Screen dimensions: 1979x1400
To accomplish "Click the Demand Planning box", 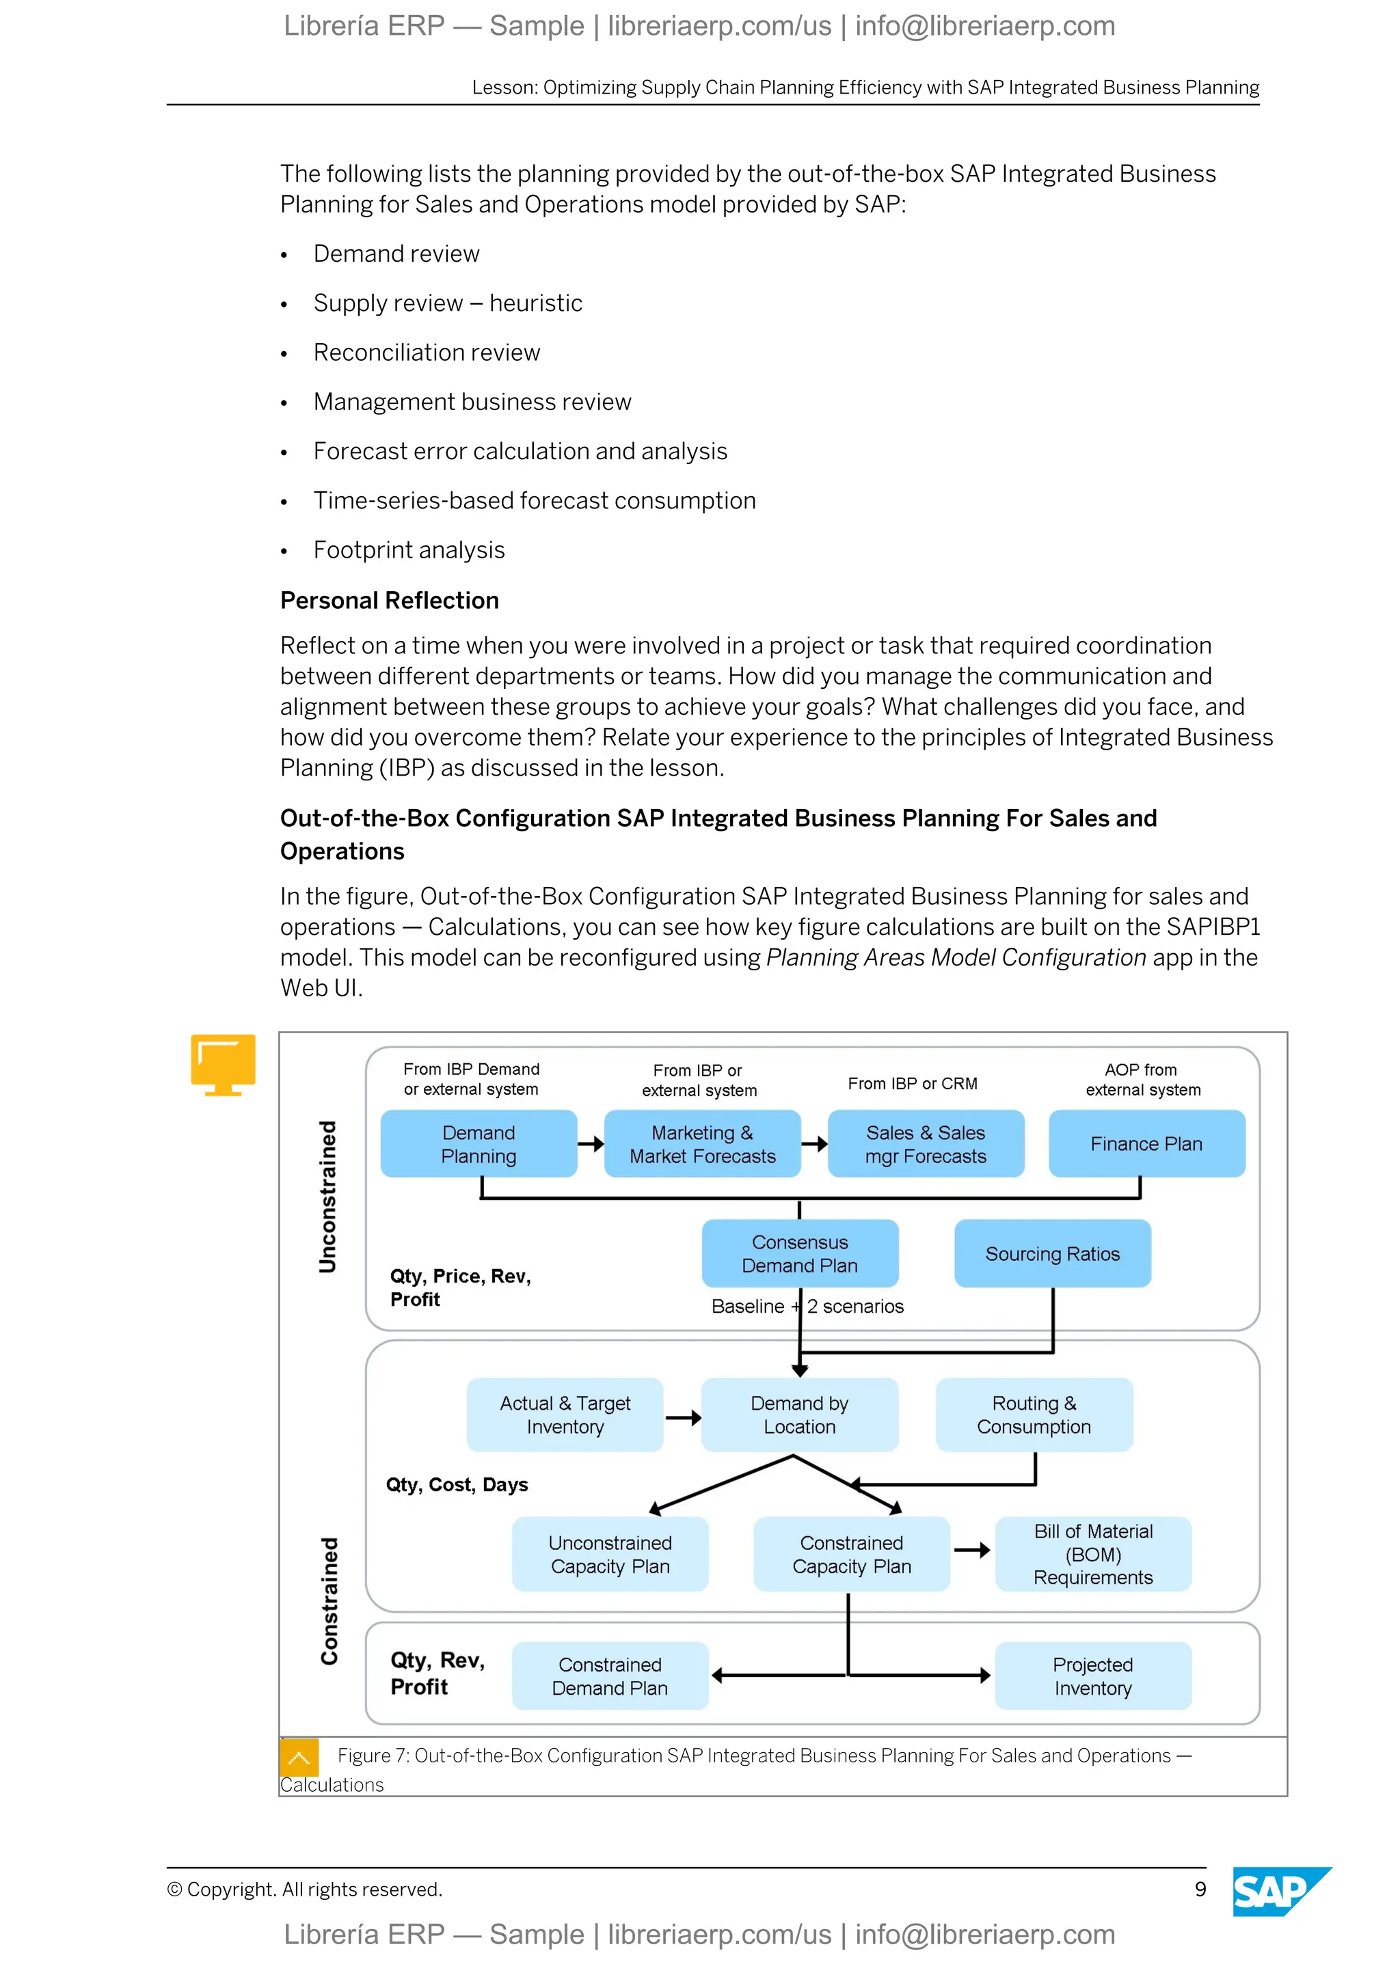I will [x=479, y=1144].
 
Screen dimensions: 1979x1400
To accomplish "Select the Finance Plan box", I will [x=1146, y=1144].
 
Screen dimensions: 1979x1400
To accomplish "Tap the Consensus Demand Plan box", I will [x=799, y=1253].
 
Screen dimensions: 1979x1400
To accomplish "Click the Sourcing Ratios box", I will [x=1052, y=1253].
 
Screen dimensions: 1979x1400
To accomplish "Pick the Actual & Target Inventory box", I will [x=565, y=1415].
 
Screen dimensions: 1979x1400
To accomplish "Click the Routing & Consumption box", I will [x=1034, y=1415].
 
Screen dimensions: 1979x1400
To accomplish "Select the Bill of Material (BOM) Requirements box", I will [x=1092, y=1554].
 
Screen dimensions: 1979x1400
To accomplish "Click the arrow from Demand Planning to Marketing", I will [x=591, y=1144].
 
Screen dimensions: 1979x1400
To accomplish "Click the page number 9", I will [x=1200, y=1889].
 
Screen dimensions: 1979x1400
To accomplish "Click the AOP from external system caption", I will [x=1142, y=1079].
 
